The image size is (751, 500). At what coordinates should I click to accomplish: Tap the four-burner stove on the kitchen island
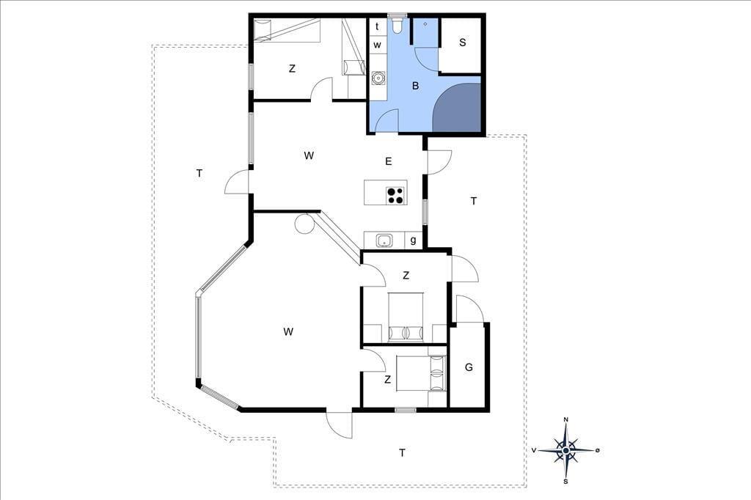coord(395,196)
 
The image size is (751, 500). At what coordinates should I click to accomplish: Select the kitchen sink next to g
coord(384,240)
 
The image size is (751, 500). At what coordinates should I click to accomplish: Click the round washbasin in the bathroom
coord(378,78)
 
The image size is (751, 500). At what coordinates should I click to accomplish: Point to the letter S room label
coord(462,43)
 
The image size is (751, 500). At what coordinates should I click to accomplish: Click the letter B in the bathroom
coord(415,86)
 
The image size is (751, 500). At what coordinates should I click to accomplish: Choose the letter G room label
coord(469,367)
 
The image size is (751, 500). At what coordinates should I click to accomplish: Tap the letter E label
coord(389,161)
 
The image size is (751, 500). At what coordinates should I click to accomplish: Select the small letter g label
coord(413,240)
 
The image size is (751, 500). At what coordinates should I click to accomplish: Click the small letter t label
coord(378,26)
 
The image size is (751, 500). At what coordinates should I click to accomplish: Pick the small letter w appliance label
coord(378,45)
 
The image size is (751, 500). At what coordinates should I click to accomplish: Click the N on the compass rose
coord(565,420)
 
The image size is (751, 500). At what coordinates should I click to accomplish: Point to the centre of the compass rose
coord(566,450)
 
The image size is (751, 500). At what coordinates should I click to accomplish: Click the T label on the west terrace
coord(199,173)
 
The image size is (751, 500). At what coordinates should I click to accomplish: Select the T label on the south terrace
coord(403,452)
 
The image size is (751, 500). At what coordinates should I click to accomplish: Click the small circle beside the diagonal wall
coord(304,224)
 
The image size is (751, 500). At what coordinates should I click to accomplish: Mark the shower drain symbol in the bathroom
coord(425,24)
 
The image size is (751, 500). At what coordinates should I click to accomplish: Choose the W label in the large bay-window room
coord(287,331)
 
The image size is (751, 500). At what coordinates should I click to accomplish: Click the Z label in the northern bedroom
coord(292,68)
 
